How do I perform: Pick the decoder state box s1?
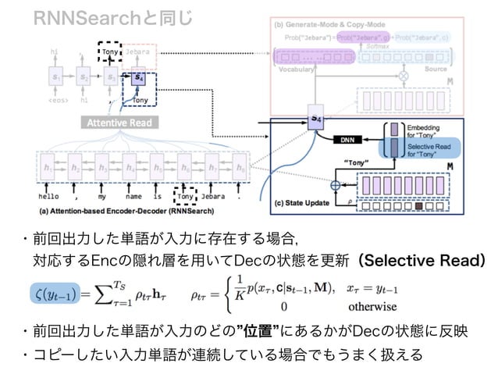coord(55,79)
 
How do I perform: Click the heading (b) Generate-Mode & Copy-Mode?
coord(336,24)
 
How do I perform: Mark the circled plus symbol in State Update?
coord(337,186)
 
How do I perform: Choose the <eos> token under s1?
coord(55,99)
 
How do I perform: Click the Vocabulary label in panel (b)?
coord(295,69)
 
